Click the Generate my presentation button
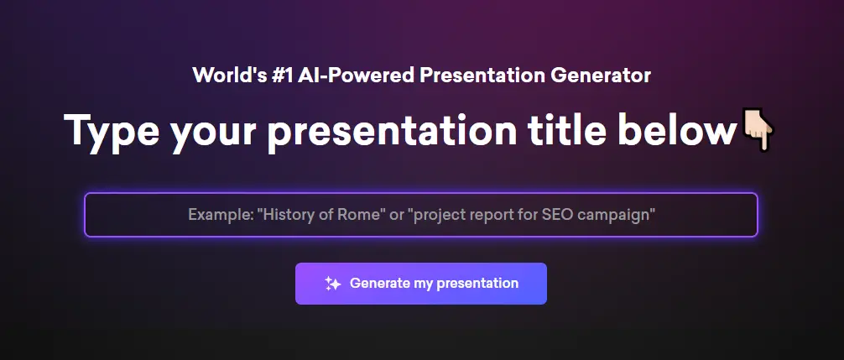(421, 284)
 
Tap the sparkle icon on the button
(332, 284)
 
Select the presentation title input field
(421, 215)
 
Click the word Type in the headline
(112, 131)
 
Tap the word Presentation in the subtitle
(482, 76)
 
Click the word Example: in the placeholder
(220, 216)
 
